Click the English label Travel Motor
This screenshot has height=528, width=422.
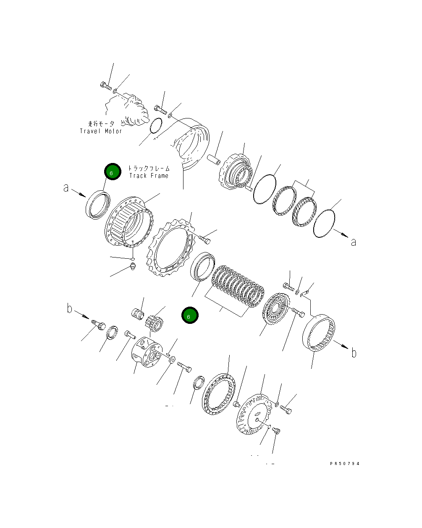[101, 131]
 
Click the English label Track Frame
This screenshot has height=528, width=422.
[149, 176]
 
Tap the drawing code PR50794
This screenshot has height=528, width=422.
[345, 463]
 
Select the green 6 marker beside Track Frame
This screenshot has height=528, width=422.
[113, 171]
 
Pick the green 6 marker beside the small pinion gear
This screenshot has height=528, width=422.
[190, 315]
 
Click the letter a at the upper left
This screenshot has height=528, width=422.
[66, 188]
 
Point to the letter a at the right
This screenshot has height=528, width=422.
[353, 242]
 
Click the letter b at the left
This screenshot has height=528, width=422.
[70, 308]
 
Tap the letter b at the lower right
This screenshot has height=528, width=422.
[354, 353]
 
